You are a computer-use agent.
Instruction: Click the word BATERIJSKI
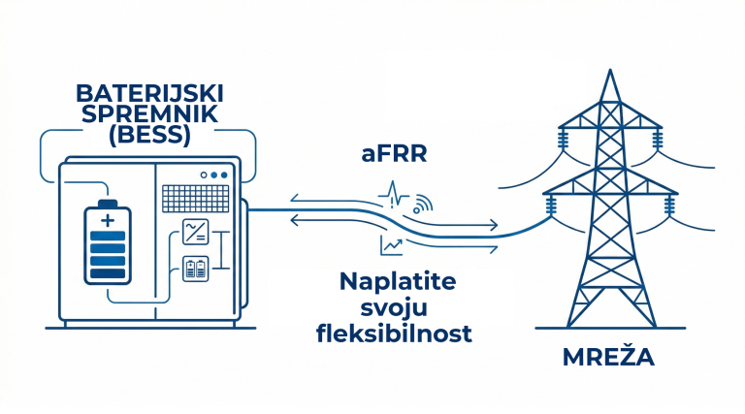[x=149, y=95]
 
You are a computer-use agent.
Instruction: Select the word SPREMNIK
[x=149, y=115]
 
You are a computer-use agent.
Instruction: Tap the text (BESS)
[x=149, y=136]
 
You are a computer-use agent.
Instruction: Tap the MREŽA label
[x=608, y=357]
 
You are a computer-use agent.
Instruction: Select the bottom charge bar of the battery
[x=109, y=272]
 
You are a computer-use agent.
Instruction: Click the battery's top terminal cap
[x=109, y=204]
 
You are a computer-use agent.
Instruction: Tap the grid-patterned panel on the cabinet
[x=197, y=200]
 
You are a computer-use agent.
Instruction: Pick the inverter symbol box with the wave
[x=195, y=233]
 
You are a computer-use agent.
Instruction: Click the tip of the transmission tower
[x=608, y=73]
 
